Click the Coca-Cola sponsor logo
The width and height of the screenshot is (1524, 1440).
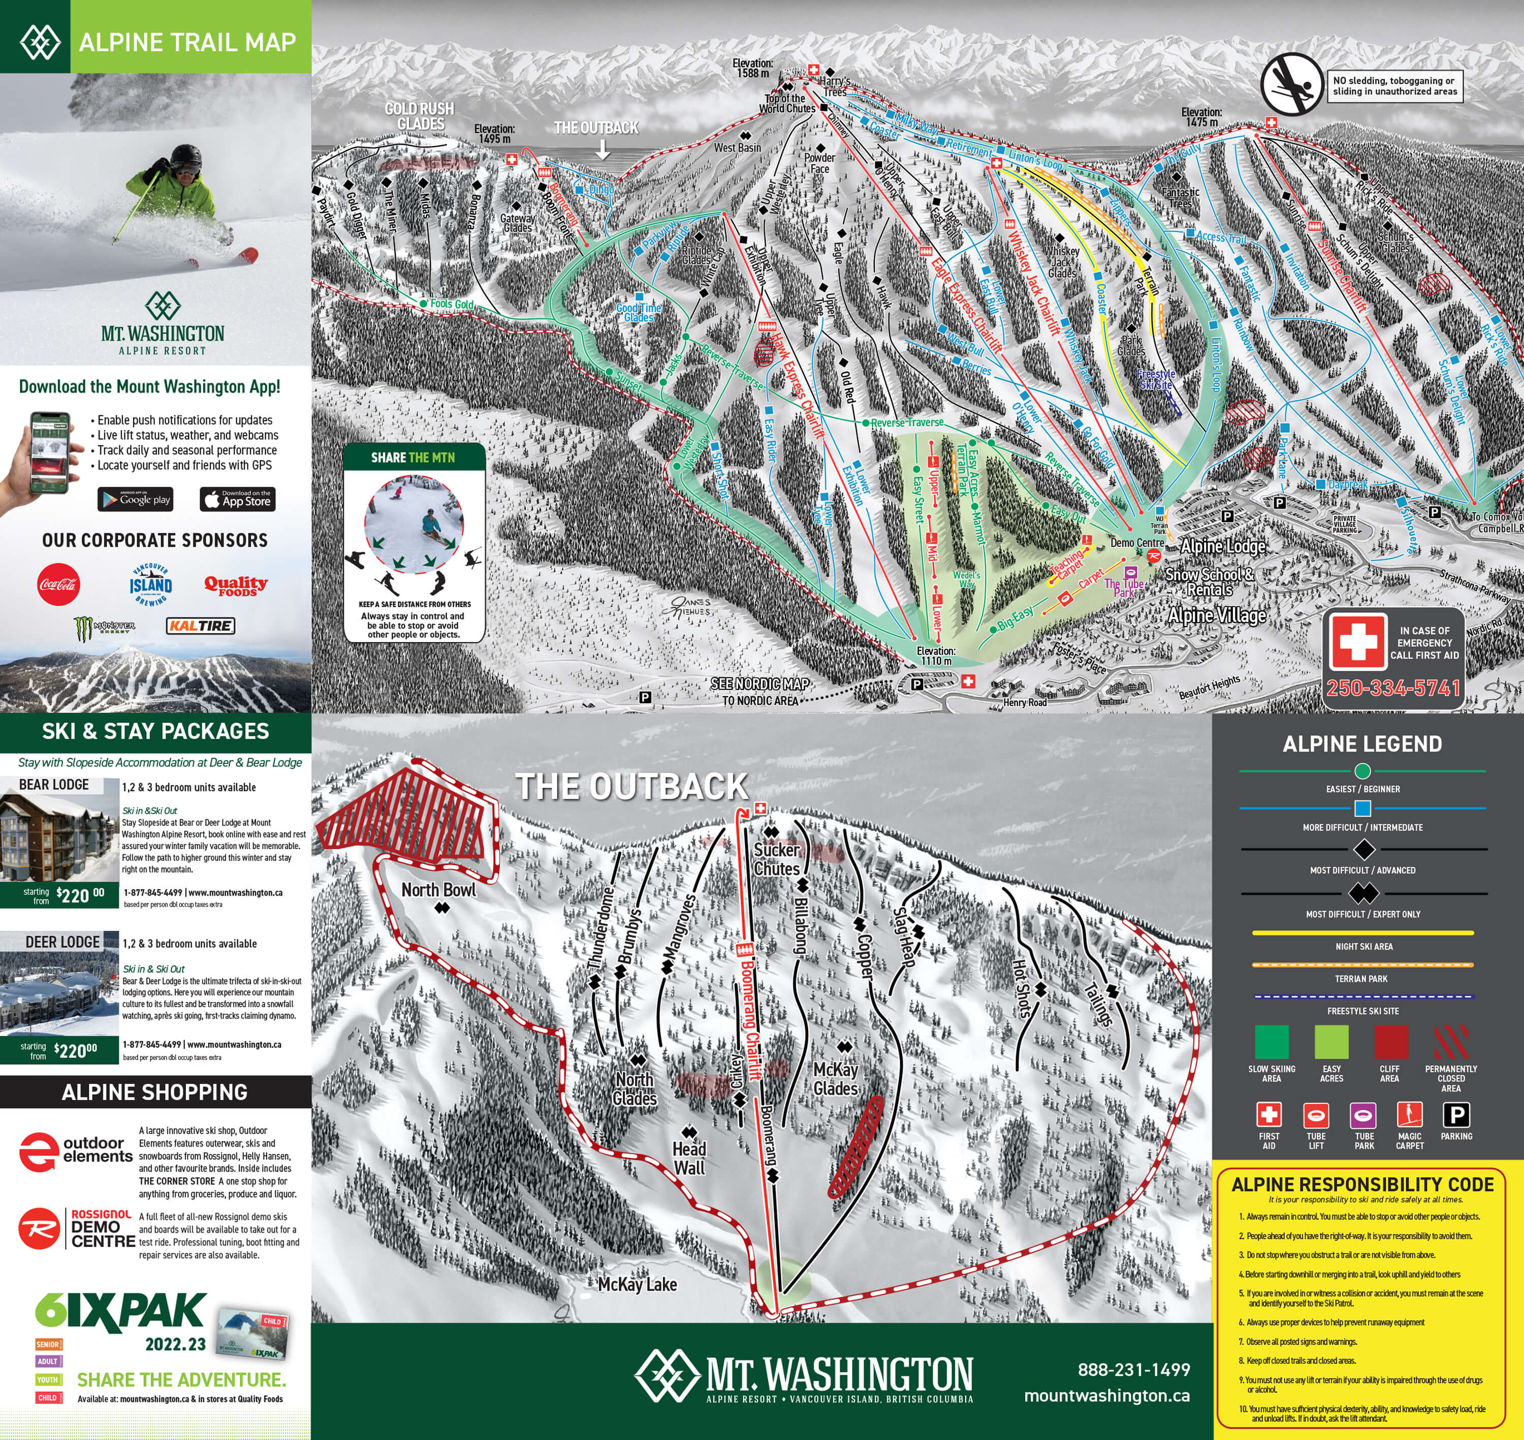coord(58,584)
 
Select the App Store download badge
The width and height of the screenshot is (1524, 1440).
coord(237,500)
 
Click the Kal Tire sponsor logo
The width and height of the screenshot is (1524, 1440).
coord(200,626)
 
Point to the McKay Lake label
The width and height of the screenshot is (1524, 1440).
coord(637,1284)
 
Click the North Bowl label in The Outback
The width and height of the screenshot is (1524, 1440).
coord(438,890)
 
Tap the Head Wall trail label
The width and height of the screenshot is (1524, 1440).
coord(689,1158)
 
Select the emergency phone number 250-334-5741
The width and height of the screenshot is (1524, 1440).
coord(1393,688)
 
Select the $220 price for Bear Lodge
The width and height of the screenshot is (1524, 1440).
coord(80,895)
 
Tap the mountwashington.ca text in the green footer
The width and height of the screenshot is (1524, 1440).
coord(1106,1395)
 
